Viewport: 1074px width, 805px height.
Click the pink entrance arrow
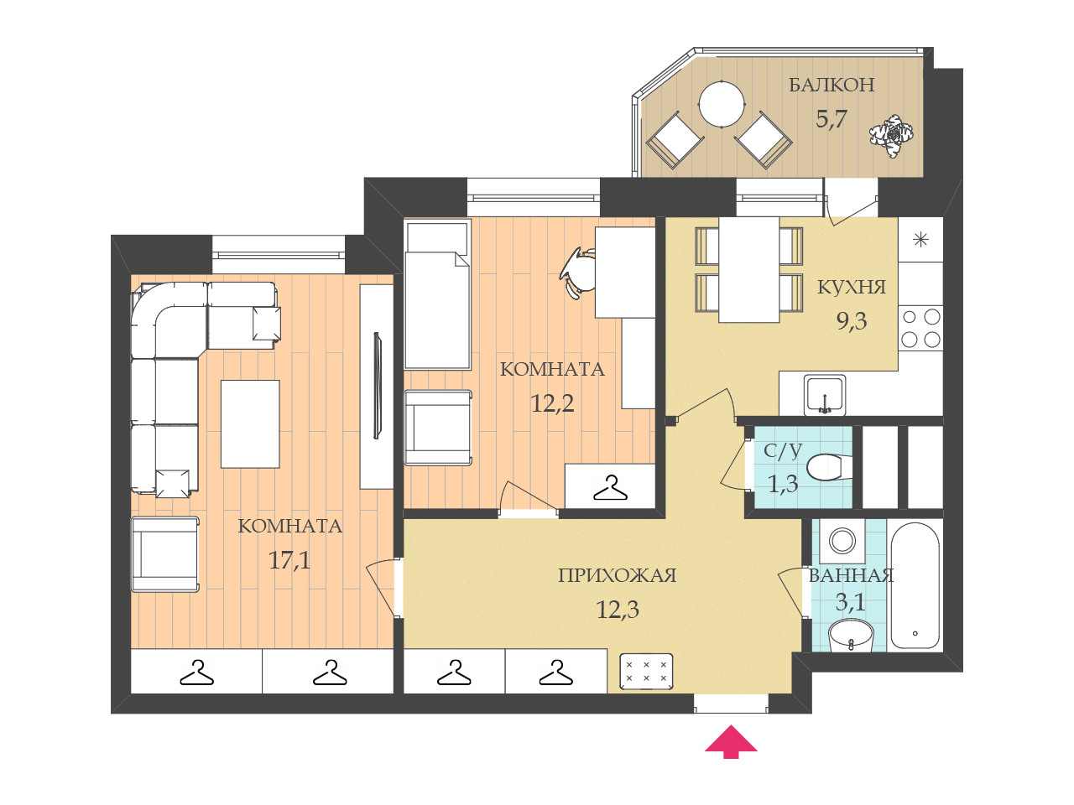(731, 742)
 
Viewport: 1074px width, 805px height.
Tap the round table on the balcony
(722, 104)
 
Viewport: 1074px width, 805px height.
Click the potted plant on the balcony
(891, 135)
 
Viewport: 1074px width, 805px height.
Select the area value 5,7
(831, 120)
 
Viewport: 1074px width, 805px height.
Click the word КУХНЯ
(852, 288)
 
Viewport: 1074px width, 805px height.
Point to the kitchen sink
(825, 395)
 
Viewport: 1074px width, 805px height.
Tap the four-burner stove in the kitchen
(920, 329)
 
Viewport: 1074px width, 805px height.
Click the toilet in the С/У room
(828, 467)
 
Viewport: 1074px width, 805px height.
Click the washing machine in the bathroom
(842, 541)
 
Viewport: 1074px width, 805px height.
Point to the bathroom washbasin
(851, 636)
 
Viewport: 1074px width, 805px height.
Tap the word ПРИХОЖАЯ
(617, 576)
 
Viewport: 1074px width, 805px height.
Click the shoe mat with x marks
(646, 672)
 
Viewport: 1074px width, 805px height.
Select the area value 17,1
(289, 560)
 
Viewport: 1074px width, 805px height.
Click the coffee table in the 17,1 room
(250, 424)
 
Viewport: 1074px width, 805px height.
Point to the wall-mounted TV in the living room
(377, 386)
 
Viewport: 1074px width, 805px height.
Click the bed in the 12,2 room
(437, 296)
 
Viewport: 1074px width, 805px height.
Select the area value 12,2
(552, 403)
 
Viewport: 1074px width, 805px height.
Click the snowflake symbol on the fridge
(920, 240)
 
